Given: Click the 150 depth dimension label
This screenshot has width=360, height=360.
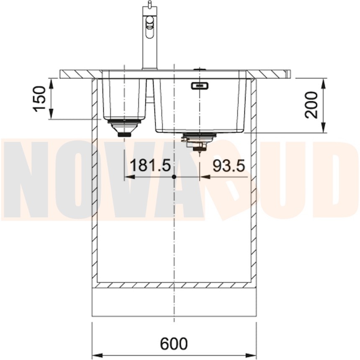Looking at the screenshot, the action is click(39, 99).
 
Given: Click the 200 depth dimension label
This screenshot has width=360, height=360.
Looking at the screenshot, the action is click(311, 105).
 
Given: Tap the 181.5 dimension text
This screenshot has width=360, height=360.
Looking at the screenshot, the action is click(150, 165).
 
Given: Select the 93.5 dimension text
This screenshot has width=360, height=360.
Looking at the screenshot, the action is click(229, 165).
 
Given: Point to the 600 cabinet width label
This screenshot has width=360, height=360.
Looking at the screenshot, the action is click(174, 344).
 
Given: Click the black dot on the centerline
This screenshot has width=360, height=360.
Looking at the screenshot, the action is click(174, 177).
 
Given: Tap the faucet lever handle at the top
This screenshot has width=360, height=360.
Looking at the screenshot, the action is click(150, 4).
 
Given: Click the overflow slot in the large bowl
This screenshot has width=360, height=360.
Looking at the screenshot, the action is click(200, 86).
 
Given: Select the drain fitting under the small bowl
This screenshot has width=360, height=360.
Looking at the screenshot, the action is click(124, 128).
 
